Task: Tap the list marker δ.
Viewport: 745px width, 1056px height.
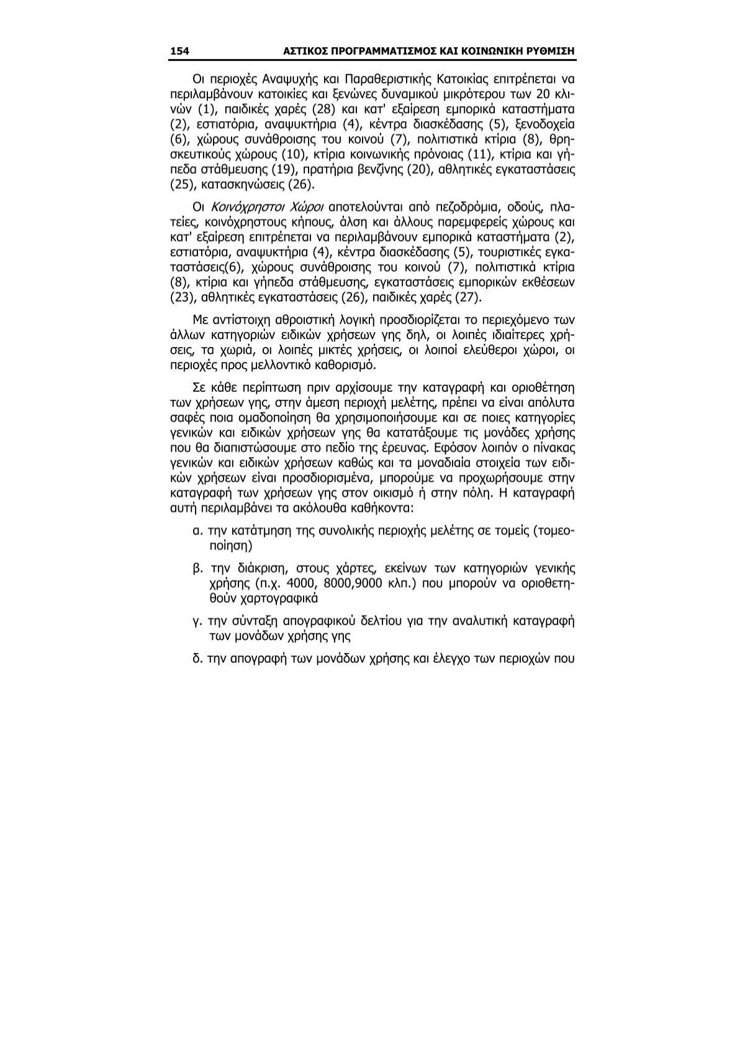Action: tap(197, 657)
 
